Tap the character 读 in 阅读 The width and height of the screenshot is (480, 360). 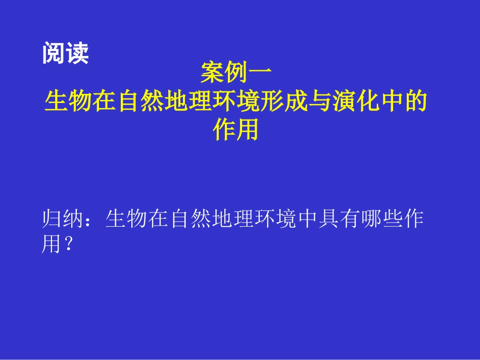77,54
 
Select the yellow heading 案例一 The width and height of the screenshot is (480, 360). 236,74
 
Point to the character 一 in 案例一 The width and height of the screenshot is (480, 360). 260,74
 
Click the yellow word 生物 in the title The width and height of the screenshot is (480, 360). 69,101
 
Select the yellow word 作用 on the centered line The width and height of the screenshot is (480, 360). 236,130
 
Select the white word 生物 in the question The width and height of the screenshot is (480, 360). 127,221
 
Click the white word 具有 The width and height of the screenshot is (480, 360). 340,221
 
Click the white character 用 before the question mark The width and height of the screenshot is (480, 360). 52,246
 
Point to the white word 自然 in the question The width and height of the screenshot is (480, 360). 191,221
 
